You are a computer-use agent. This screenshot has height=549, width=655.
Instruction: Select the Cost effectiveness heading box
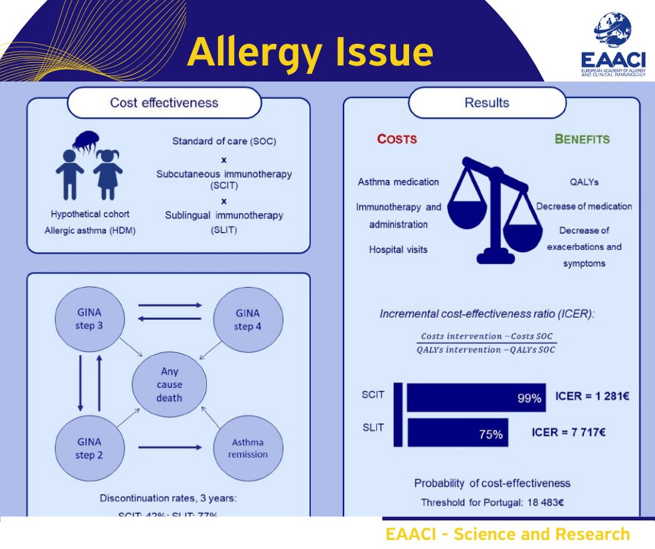pyautogui.click(x=164, y=103)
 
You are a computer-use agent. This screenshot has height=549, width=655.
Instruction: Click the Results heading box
pyautogui.click(x=486, y=103)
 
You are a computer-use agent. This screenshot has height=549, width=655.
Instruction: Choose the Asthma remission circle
pyautogui.click(x=249, y=448)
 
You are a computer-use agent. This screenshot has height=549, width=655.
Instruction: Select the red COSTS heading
pyautogui.click(x=396, y=139)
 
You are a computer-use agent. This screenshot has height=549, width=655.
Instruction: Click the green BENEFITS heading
pyautogui.click(x=582, y=139)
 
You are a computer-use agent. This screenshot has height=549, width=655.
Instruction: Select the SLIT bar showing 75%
pyautogui.click(x=457, y=433)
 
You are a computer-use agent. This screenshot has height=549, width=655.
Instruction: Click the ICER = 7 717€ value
pyautogui.click(x=568, y=433)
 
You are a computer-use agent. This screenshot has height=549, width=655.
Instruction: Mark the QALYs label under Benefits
pyautogui.click(x=584, y=182)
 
